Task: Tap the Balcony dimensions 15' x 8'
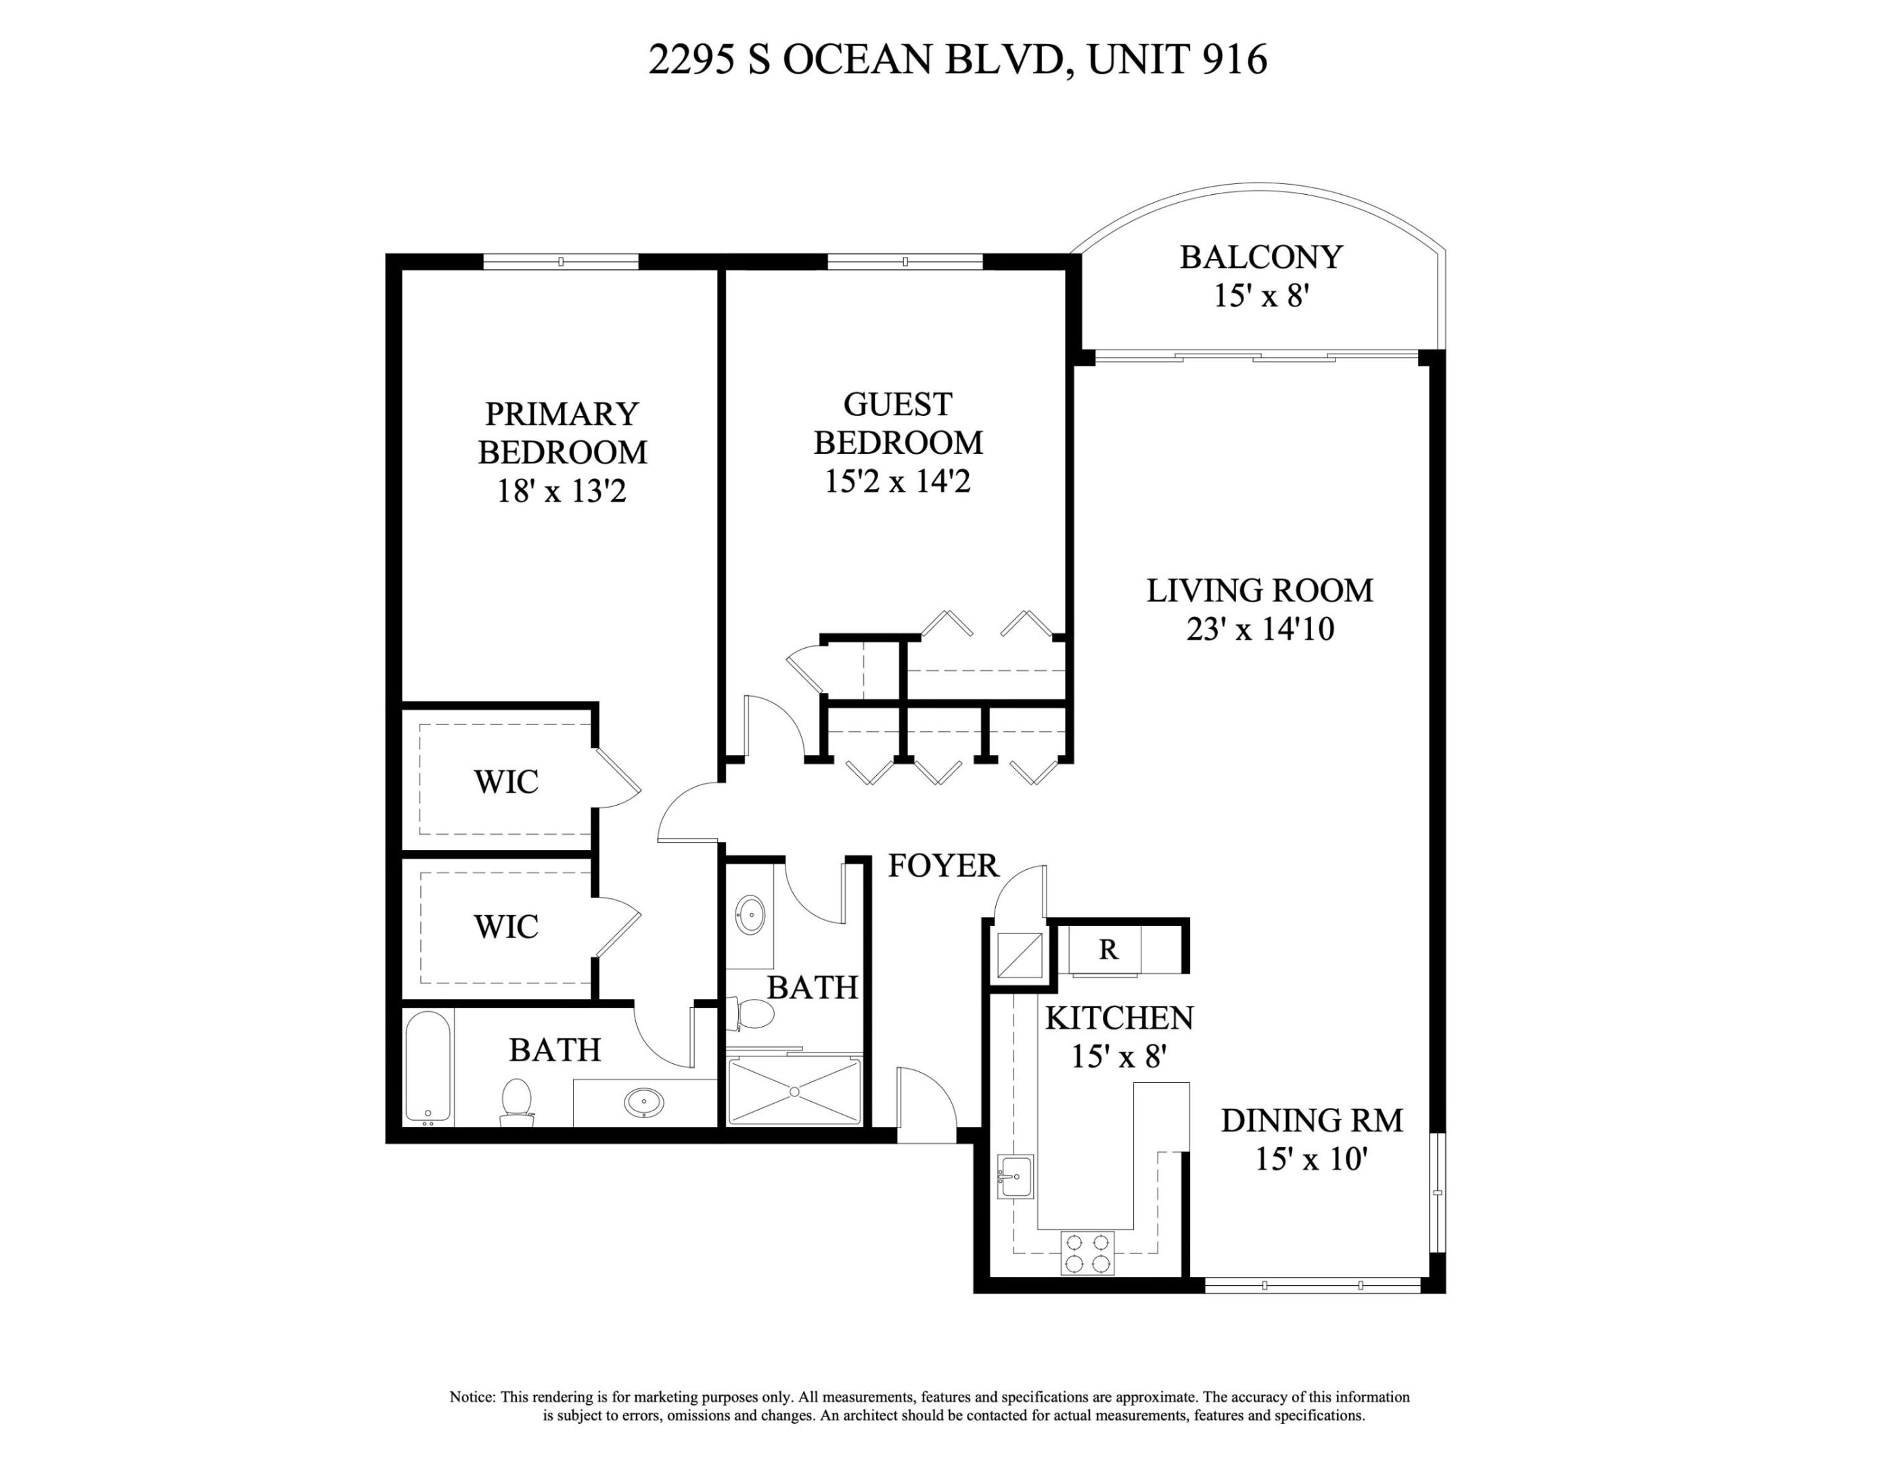pyautogui.click(x=1260, y=296)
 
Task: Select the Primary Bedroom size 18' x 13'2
pyautogui.click(x=561, y=492)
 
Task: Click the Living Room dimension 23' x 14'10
pyautogui.click(x=1260, y=629)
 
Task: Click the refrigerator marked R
pyautogui.click(x=1108, y=950)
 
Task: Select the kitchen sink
pyautogui.click(x=1015, y=1176)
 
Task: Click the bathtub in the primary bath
pyautogui.click(x=428, y=1066)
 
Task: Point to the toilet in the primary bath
pyautogui.click(x=517, y=1102)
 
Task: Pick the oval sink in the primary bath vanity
pyautogui.click(x=644, y=1103)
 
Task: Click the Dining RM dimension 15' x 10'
pyautogui.click(x=1311, y=1159)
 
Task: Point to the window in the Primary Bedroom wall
pyautogui.click(x=560, y=261)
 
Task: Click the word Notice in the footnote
pyautogui.click(x=471, y=1397)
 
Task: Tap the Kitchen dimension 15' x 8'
pyautogui.click(x=1120, y=1056)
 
